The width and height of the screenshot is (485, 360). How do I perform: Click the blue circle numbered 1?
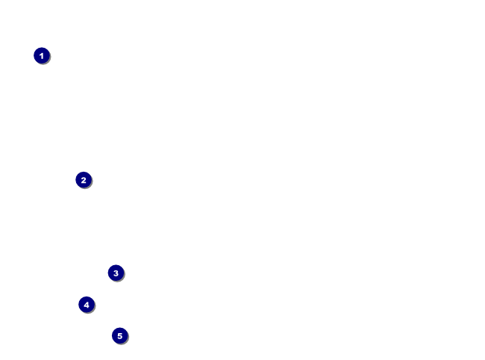point(42,55)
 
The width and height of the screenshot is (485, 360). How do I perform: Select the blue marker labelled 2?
point(84,180)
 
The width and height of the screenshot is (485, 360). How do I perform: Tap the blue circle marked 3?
point(116,273)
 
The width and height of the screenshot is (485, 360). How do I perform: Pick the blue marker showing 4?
point(87,305)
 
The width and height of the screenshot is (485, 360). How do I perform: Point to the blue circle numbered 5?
point(120,336)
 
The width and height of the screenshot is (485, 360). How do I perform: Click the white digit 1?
point(42,55)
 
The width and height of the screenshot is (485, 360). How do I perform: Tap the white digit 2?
point(84,180)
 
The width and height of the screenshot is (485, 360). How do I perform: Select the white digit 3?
point(116,273)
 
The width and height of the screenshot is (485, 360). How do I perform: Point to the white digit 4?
point(87,305)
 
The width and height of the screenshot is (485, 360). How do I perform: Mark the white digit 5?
point(120,336)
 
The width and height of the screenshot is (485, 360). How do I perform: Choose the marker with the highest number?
point(120,336)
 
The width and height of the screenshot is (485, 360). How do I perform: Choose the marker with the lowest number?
point(42,55)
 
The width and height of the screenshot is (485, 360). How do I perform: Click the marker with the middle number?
point(116,273)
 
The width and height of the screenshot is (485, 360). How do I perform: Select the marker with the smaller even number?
point(84,180)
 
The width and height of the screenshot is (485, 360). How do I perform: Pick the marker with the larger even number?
point(87,305)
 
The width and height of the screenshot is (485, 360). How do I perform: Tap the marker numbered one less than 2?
point(42,55)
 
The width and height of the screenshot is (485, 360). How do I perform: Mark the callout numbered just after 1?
point(84,180)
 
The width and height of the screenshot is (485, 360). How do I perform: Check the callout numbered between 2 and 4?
point(116,273)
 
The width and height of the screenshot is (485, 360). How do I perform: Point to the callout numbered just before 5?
point(87,305)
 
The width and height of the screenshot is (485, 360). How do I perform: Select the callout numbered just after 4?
point(120,336)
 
